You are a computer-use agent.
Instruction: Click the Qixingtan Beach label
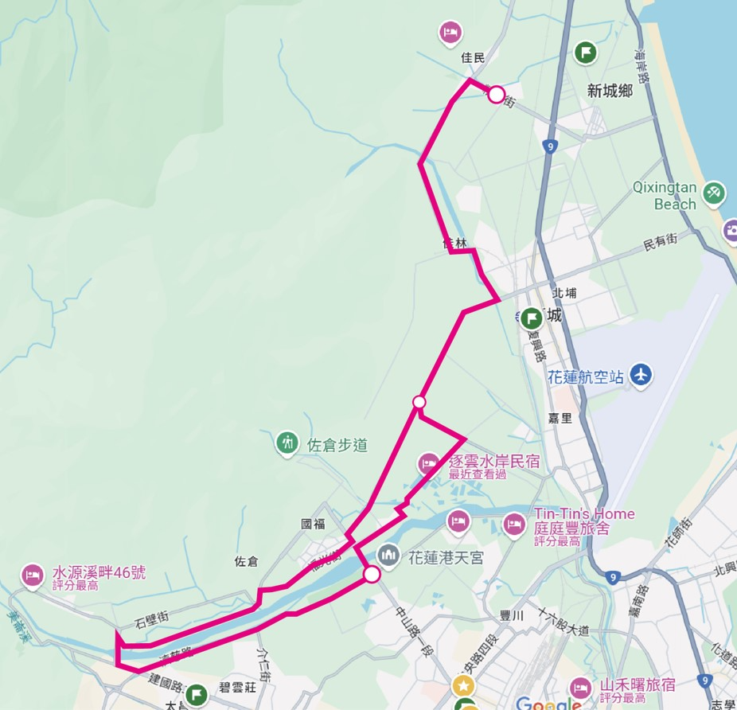coord(665,197)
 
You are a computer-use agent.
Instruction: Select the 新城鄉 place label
coord(610,91)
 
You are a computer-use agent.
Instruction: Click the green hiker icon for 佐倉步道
coord(287,443)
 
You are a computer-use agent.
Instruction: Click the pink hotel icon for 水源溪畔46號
coord(33,573)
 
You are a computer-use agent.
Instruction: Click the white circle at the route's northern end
coord(496,95)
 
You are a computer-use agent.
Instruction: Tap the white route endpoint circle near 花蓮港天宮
coord(372,573)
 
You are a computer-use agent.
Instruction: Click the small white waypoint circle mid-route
coord(419,401)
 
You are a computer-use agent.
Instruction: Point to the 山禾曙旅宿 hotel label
coord(637,685)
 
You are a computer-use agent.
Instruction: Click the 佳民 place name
coord(473,57)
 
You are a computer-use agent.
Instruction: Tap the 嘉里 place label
coord(560,418)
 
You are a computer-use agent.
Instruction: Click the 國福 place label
coord(313,524)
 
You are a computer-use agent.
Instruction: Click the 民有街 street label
coord(660,239)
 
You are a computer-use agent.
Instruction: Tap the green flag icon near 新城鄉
coord(586,53)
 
